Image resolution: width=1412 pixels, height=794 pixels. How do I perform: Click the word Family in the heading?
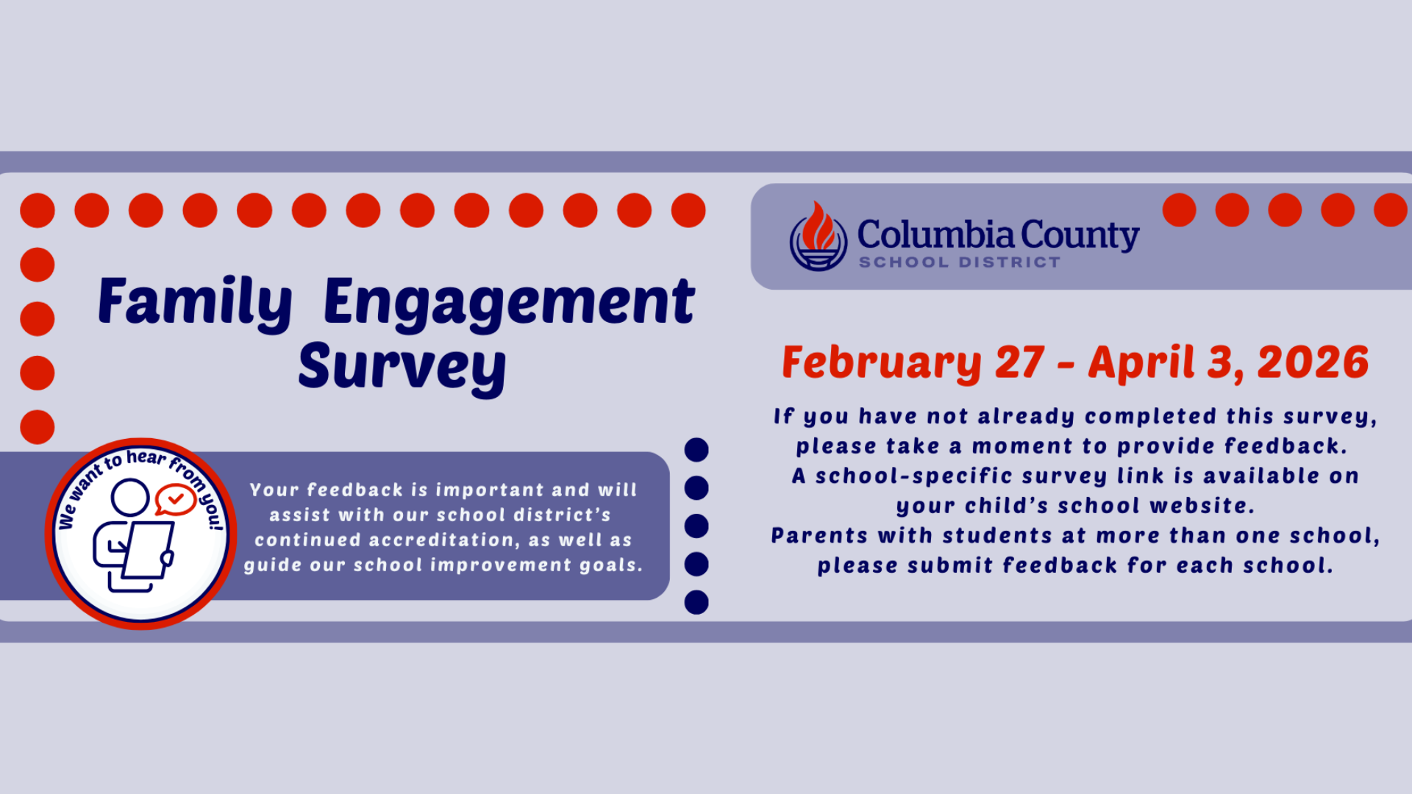(x=195, y=301)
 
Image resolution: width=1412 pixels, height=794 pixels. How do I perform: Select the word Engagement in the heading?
(x=508, y=301)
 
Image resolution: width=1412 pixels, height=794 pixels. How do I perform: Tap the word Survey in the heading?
(x=402, y=366)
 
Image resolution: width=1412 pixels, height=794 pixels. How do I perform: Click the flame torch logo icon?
(x=818, y=237)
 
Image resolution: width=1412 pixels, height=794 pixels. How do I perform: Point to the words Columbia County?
(x=998, y=235)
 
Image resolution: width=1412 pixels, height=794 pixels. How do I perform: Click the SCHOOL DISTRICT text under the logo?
(x=960, y=262)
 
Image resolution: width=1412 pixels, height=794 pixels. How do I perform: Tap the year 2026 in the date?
(x=1313, y=362)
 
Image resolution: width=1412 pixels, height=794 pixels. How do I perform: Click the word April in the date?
(x=1142, y=362)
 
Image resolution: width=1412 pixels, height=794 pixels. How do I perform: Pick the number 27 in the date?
(x=1020, y=362)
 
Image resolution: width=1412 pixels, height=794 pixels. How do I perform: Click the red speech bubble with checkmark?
(x=175, y=499)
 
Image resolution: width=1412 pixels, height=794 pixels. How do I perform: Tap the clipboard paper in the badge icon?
(x=149, y=550)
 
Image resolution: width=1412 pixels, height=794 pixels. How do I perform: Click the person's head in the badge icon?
(x=130, y=498)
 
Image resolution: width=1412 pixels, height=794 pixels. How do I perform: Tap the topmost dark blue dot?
(x=696, y=450)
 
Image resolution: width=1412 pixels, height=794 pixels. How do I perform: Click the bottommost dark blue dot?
(x=696, y=602)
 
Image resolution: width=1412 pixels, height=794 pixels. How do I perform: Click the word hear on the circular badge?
(x=146, y=458)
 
